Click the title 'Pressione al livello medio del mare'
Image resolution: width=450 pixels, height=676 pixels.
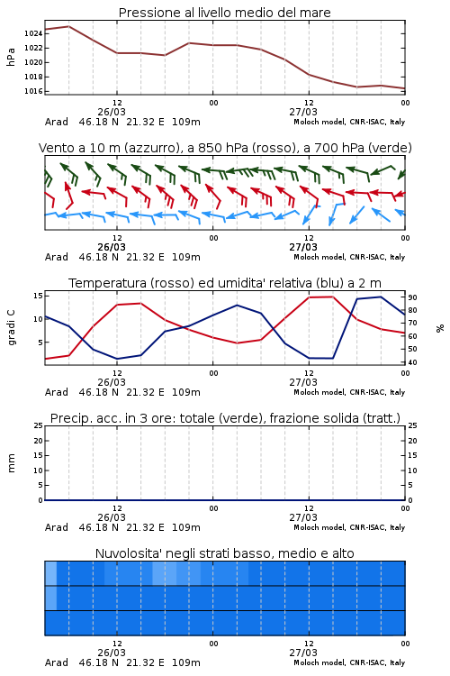[x=224, y=13]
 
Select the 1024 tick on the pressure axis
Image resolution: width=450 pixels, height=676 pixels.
[x=33, y=33]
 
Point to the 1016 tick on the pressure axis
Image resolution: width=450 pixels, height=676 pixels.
[x=33, y=91]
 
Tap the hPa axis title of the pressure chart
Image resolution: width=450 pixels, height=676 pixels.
[x=11, y=57]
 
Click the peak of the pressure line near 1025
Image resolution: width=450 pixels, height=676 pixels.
[x=69, y=26]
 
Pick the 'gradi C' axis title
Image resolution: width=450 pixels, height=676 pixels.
[x=11, y=327]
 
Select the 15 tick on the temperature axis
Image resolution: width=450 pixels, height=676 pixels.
[x=38, y=296]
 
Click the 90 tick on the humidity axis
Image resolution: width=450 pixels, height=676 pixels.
[x=412, y=297]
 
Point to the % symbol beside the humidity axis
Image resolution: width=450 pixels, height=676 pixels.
[x=440, y=328]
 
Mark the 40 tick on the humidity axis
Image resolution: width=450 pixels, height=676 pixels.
[x=412, y=362]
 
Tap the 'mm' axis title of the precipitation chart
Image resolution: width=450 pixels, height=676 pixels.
[x=11, y=462]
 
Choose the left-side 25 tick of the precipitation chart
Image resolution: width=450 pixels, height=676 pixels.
[x=38, y=425]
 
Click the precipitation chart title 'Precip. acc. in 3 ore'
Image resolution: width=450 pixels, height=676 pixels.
[x=112, y=418]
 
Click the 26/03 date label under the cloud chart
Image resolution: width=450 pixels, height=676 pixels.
[x=112, y=653]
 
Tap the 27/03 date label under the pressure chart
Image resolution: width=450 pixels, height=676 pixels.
[x=303, y=112]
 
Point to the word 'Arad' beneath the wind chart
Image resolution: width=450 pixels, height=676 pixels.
[x=57, y=257]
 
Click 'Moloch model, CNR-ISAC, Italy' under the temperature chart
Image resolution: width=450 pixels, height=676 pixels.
[x=349, y=392]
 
